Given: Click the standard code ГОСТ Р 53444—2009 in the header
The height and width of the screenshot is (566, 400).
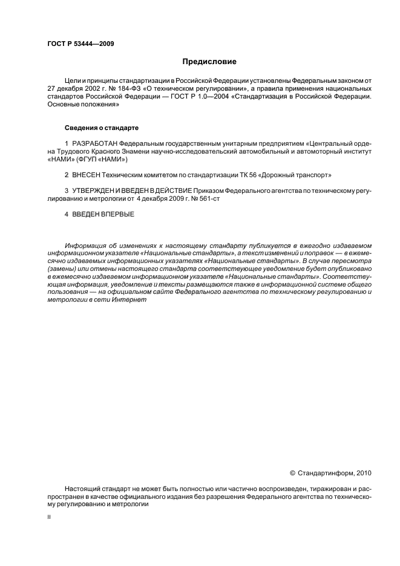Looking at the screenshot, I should click(80, 45).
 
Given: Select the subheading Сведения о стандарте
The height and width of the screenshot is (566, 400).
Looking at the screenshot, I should click(102, 128).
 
